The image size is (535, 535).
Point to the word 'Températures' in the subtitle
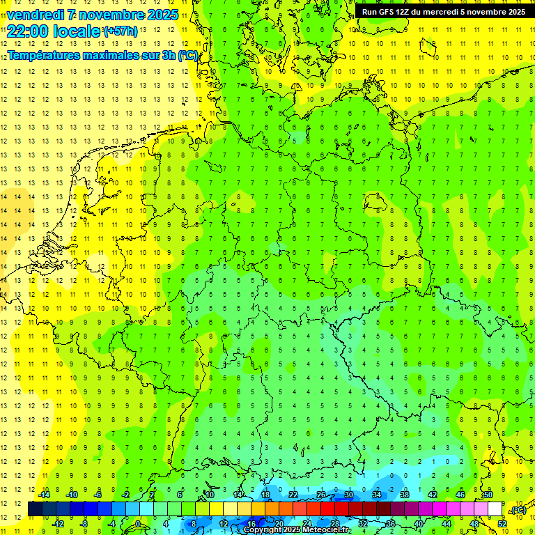[47, 54]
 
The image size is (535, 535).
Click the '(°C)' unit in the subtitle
[187, 54]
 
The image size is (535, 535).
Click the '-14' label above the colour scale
[43, 495]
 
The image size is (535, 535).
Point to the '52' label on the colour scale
[502, 523]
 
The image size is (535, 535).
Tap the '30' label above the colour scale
[348, 495]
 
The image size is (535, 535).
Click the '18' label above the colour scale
[265, 495]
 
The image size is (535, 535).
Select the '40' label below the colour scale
[418, 523]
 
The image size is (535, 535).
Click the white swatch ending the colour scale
[495, 509]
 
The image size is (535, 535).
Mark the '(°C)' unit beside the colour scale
[518, 510]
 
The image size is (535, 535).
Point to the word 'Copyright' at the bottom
[263, 530]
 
